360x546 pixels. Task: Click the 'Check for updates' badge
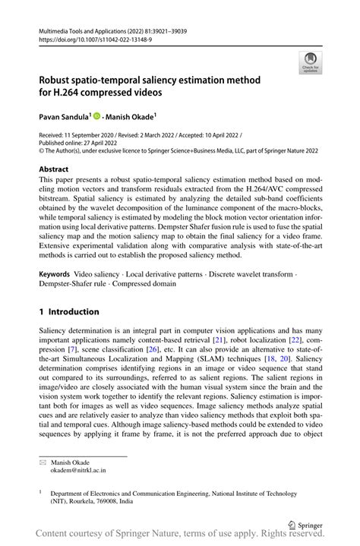310,63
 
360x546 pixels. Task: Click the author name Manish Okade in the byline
129,117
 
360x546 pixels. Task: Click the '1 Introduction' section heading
69,311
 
